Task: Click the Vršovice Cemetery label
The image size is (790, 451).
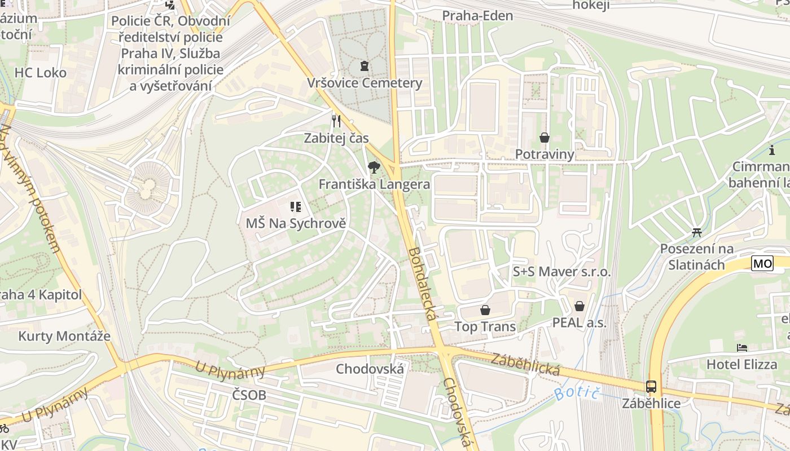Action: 365,83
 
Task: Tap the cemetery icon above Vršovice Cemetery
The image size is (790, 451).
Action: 365,67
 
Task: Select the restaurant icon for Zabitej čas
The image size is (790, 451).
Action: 336,121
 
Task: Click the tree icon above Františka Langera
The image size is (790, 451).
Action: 373,167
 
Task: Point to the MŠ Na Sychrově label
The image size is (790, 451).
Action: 296,223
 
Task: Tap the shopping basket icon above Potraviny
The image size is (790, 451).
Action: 545,138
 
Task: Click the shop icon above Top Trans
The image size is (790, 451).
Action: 485,310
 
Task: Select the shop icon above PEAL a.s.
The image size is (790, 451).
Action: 579,307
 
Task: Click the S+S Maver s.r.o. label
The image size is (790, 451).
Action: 561,272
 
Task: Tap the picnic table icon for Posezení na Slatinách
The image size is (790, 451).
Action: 697,232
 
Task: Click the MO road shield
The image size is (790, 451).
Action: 762,263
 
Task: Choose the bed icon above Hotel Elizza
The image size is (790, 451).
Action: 742,348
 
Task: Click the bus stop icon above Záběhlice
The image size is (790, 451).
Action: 651,387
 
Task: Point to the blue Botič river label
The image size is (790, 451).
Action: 576,389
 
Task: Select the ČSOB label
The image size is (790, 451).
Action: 249,395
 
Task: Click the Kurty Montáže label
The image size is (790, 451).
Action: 64,337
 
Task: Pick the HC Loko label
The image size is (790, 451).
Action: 40,73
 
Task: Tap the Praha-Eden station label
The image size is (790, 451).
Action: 477,16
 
